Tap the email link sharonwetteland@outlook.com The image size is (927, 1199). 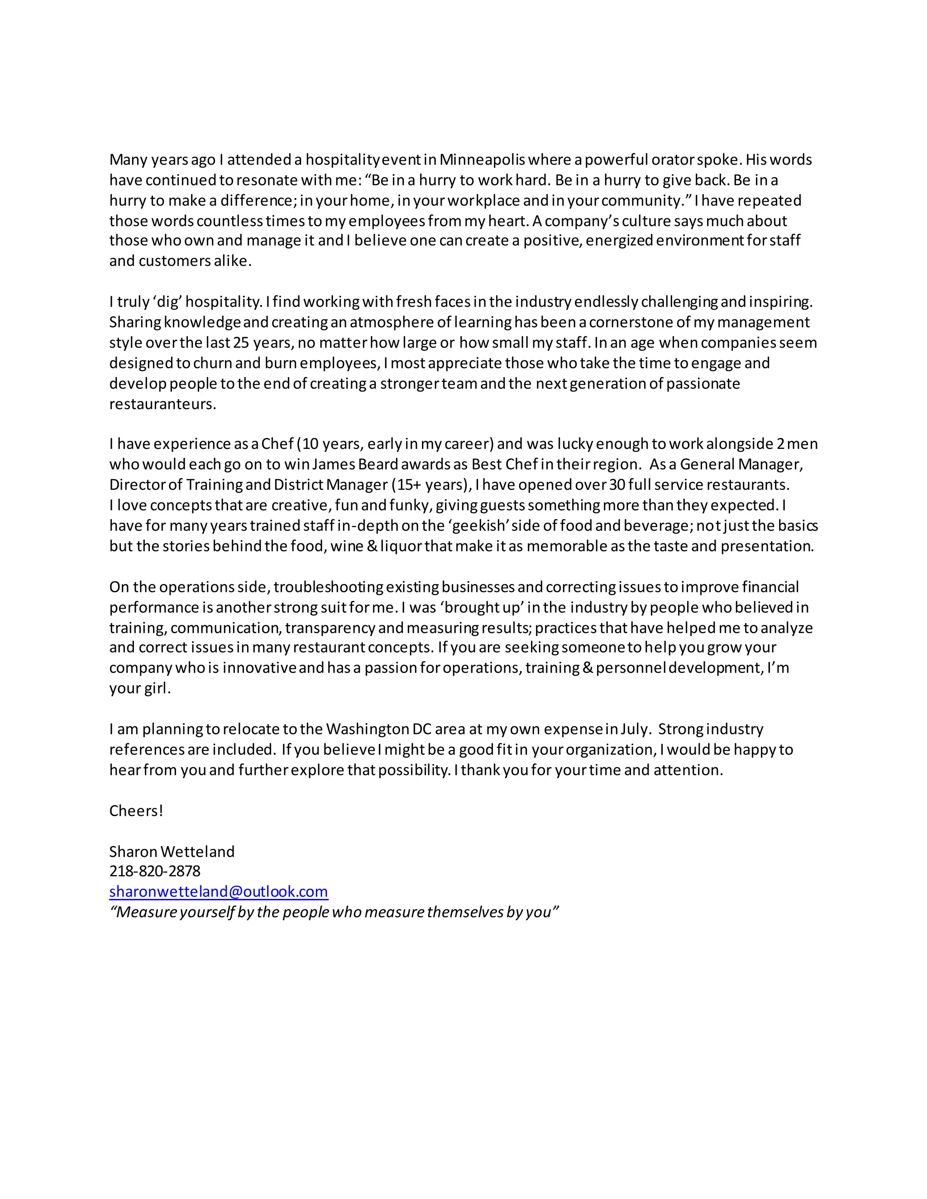coord(219,892)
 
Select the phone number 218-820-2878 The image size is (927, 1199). coord(155,871)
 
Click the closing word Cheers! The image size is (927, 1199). coord(136,811)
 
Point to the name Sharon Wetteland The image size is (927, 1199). coord(172,852)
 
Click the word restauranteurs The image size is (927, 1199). coord(162,404)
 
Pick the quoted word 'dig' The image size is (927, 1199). coord(163,302)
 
